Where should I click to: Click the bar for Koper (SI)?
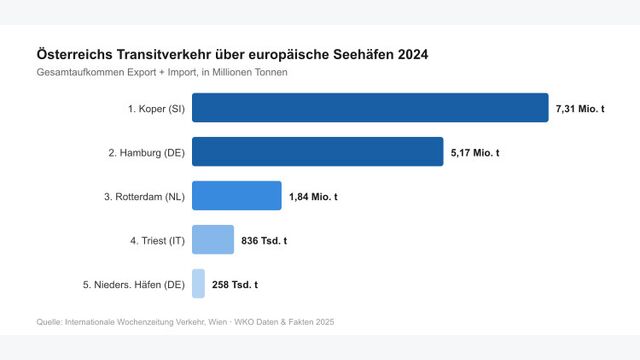pos(370,107)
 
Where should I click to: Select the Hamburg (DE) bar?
pos(317,152)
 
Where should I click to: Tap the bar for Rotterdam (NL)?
pos(236,196)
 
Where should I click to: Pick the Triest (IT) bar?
pos(212,240)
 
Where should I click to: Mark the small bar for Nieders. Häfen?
pos(198,284)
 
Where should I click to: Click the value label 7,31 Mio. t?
pos(580,108)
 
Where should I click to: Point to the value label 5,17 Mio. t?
pos(475,152)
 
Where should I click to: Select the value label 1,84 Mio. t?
pos(313,197)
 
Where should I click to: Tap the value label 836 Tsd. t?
pos(264,241)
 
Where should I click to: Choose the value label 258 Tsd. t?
pos(235,285)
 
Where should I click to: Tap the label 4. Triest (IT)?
pos(151,241)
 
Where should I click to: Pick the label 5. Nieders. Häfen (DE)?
pos(133,285)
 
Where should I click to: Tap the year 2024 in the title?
pos(410,54)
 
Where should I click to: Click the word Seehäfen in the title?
pos(354,54)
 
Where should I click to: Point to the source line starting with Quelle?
pos(185,322)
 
